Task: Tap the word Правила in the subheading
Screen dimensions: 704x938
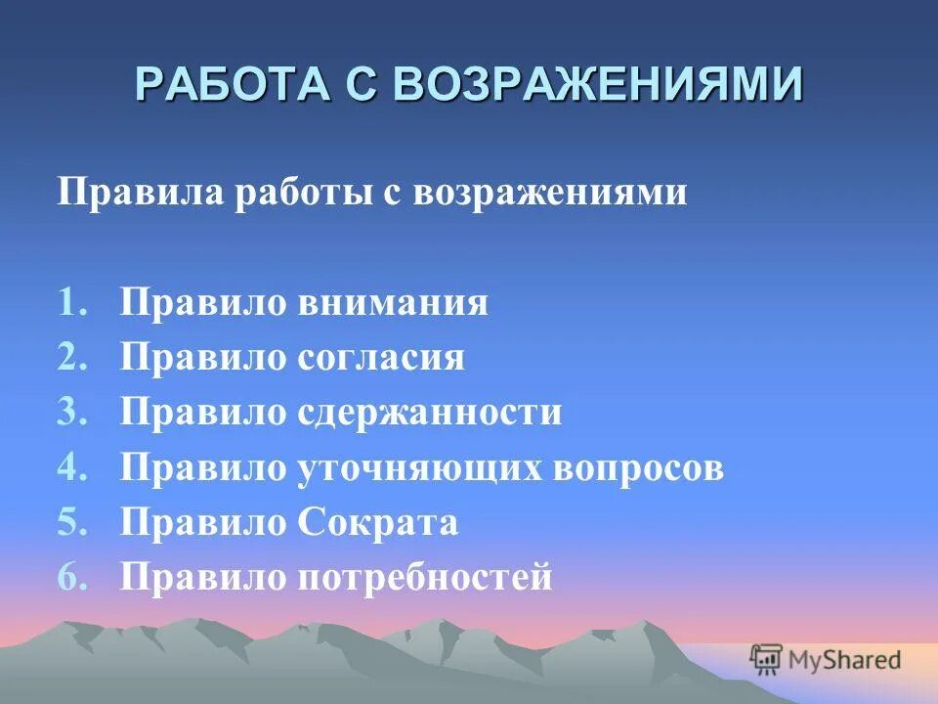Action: [139, 192]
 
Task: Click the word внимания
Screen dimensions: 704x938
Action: [391, 303]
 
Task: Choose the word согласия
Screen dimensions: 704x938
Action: [380, 358]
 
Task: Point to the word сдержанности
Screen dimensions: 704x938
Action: [429, 413]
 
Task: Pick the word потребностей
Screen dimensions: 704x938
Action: [424, 577]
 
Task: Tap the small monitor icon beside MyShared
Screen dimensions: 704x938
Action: [767, 660]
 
